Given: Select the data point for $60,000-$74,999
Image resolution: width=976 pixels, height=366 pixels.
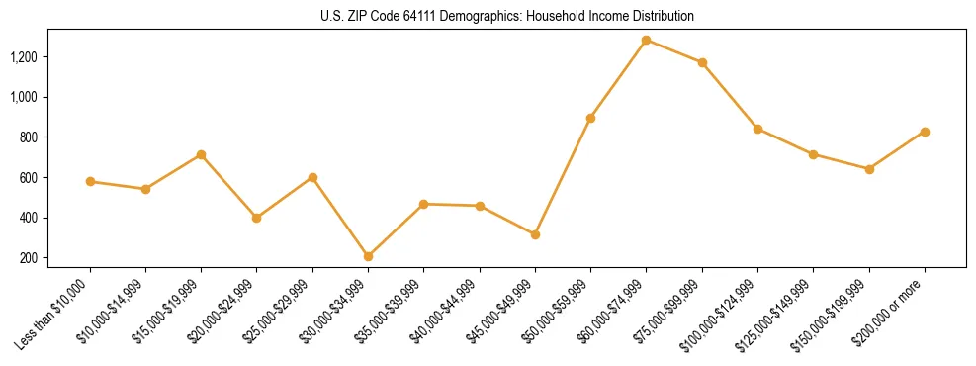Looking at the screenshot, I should click(647, 40).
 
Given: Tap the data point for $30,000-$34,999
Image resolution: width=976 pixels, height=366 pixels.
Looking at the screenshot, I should click(369, 256).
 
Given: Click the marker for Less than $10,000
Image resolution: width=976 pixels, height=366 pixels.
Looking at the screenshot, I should click(90, 181).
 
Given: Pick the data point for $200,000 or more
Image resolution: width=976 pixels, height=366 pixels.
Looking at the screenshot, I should click(925, 132).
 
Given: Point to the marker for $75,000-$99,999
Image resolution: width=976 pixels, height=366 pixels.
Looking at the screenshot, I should click(702, 62).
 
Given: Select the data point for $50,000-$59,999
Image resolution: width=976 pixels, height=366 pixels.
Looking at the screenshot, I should click(590, 118).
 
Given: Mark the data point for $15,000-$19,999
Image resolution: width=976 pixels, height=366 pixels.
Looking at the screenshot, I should click(202, 154).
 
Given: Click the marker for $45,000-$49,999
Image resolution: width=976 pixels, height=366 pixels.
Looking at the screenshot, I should click(535, 234).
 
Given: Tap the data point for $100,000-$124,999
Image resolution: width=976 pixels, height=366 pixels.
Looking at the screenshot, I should click(757, 129).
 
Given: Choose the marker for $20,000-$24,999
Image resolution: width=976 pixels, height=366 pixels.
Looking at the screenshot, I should click(257, 218).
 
